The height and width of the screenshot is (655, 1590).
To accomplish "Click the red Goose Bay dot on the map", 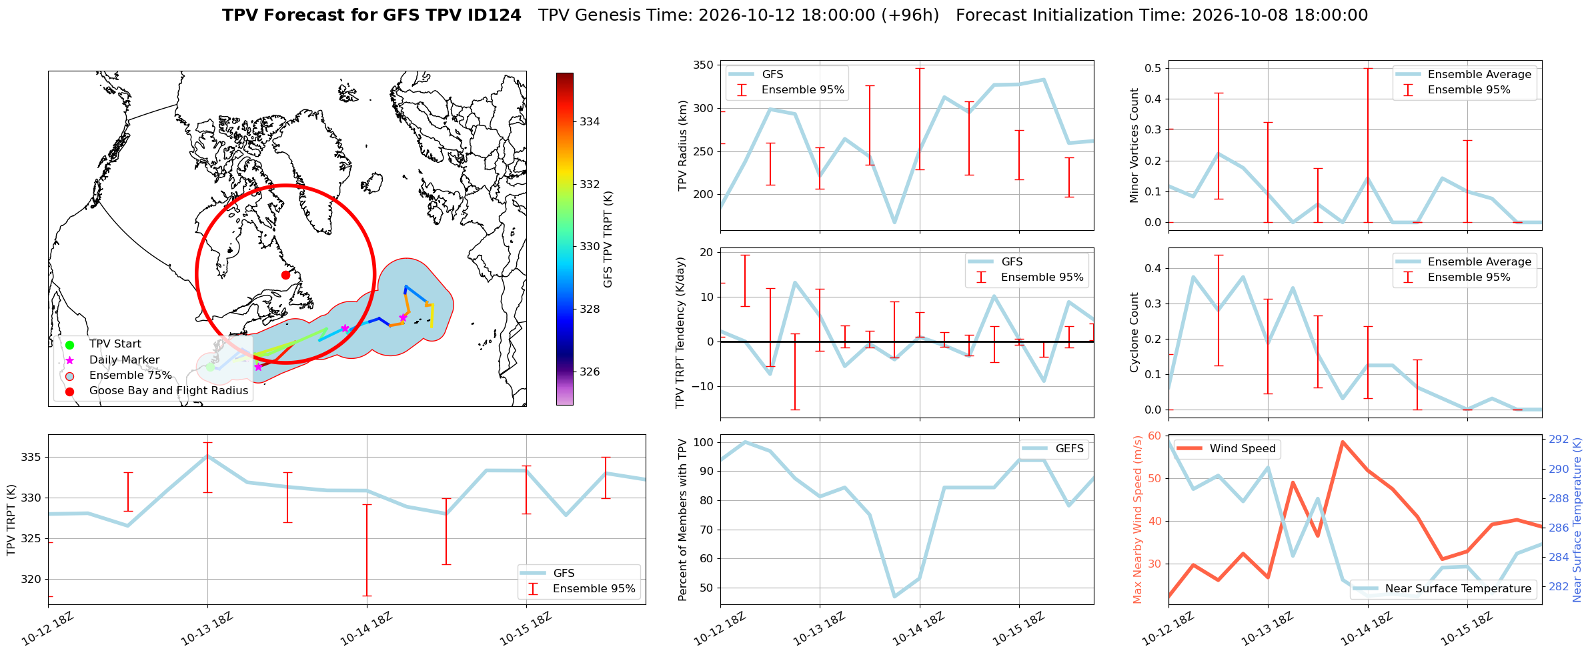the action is coord(285,275).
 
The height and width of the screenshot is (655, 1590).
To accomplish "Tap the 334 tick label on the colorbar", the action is coord(590,121).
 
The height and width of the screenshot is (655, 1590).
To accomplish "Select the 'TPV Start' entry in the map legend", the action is coord(115,344).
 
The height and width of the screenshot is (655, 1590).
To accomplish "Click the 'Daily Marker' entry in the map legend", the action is coord(124,360).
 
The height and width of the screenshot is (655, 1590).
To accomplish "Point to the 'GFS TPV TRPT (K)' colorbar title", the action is coord(608,239).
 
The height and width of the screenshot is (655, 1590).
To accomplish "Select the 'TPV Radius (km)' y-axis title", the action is coord(682,145).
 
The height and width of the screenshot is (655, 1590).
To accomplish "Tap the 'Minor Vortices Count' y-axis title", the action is coord(1134,145).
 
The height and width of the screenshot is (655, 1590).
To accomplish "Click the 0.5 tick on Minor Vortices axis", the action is coord(1152,68).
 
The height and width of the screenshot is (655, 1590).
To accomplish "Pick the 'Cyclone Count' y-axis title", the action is coord(1134,332).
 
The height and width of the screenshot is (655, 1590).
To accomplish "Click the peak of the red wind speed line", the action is coord(1343,442).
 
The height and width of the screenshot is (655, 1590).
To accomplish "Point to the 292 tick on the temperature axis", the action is coord(1559,439).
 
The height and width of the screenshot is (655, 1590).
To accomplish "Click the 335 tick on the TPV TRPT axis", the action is coord(31,458).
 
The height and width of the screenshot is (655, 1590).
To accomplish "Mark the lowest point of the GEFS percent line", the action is coord(894,597).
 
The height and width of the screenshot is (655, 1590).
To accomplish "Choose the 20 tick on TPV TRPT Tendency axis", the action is coord(706,252).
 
